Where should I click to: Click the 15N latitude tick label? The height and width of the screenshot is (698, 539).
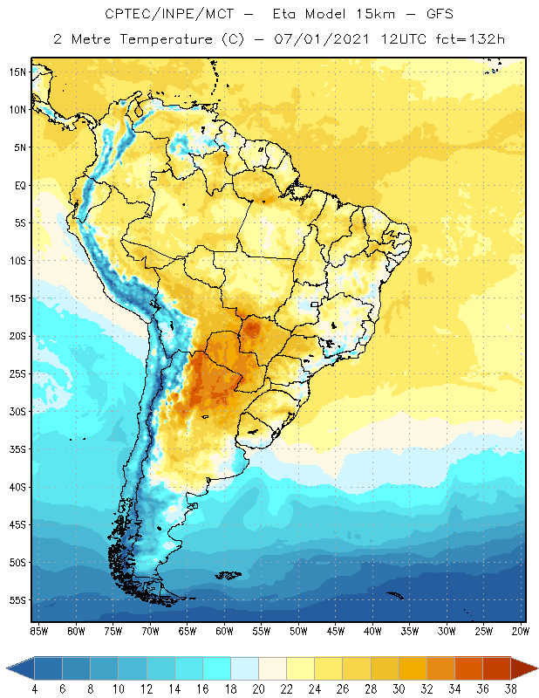coord(17,72)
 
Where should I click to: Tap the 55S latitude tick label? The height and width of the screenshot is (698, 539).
coord(17,600)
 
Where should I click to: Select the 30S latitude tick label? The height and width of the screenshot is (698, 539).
coord(17,411)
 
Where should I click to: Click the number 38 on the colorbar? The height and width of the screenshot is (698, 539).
coord(509,688)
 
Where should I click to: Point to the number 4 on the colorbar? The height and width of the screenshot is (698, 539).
coord(35,688)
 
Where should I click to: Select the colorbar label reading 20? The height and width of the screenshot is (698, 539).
coord(258,688)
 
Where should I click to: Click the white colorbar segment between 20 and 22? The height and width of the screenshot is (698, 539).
coord(272,668)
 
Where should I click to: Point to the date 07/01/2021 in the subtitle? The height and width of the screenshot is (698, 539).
coord(319,39)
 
